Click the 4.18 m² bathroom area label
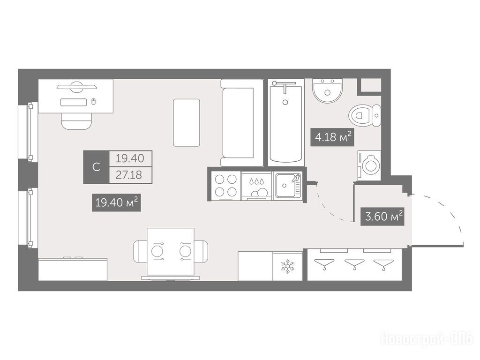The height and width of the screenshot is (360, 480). coord(333,137)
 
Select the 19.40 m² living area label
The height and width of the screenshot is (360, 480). coord(116,202)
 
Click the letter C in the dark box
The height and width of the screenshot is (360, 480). coord(96,167)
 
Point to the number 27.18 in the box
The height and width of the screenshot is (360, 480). coord(129,175)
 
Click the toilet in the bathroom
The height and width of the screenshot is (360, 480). coord(365,116)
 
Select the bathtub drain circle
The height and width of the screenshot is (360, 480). coord(285,102)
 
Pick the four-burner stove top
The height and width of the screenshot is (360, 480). coord(226,185)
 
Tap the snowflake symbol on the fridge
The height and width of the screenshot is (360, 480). coord(287,266)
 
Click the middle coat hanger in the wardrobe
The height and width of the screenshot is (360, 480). coord(354,264)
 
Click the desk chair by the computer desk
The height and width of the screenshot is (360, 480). coord(76,121)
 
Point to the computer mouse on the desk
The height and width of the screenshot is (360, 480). coord(94,101)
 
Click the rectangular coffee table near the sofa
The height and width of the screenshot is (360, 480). coord(187,122)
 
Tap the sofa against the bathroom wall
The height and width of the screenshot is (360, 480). coord(241,123)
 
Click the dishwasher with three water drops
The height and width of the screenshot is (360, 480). coord(256,186)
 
